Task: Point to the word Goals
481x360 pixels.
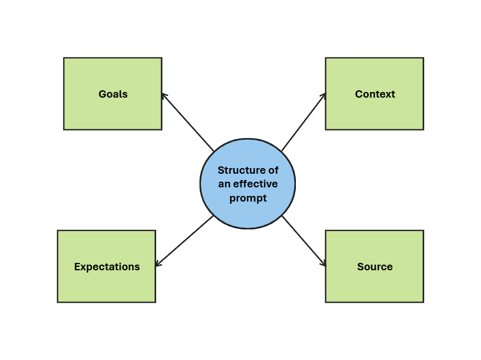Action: point(113,94)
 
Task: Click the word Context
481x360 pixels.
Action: point(375,94)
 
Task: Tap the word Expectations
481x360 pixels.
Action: point(107,267)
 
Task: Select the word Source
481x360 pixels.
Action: point(375,267)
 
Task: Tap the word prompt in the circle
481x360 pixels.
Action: point(248,198)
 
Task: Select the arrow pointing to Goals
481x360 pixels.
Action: point(188,123)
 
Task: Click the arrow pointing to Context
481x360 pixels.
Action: point(304,122)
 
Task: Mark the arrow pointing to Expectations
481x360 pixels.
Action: point(185,241)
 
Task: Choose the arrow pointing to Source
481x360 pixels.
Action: point(304,240)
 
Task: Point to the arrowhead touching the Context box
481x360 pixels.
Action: point(324,95)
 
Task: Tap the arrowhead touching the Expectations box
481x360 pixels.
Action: point(158,263)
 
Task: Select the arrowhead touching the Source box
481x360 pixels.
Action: point(324,264)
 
